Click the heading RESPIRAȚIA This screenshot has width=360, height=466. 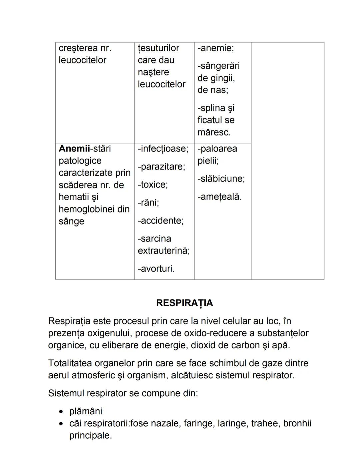pos(184,303)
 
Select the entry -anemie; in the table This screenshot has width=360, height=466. pos(216,48)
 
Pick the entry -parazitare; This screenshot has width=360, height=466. pos(161,166)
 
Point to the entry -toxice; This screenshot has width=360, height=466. pos(153,184)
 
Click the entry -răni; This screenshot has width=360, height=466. pos(148,202)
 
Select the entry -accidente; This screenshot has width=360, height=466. pos(161,220)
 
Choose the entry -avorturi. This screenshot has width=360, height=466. pos(156,269)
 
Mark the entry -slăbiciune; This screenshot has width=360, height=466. pos(221,178)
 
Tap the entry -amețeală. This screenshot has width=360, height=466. pos(219,197)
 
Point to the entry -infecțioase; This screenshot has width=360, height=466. pos(163,148)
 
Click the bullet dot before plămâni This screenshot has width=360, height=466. pos(61,412)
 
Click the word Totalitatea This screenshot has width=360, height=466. pos(70,363)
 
